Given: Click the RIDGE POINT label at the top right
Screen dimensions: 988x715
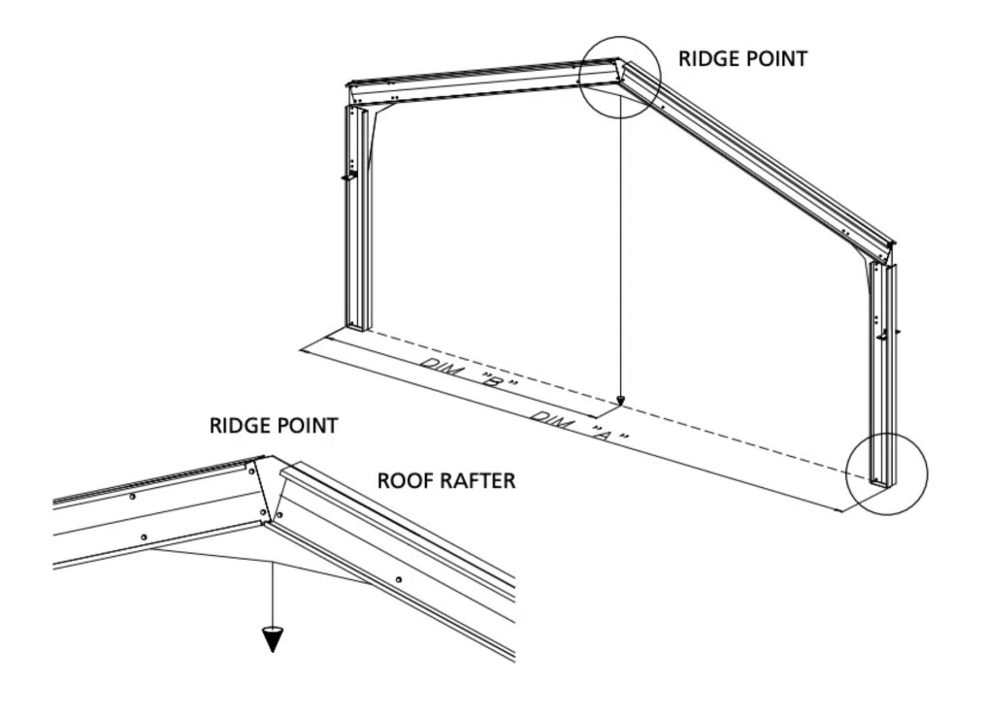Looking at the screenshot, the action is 742,58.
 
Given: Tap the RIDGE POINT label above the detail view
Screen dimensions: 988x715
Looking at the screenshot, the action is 274,425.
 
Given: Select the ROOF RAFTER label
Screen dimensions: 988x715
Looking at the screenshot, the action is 446,480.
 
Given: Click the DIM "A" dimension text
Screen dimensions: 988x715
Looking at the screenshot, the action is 580,425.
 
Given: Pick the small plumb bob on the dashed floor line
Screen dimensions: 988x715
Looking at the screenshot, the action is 620,401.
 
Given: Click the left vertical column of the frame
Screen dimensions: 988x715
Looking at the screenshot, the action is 356,217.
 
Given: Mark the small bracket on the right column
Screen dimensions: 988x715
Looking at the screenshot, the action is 889,335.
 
